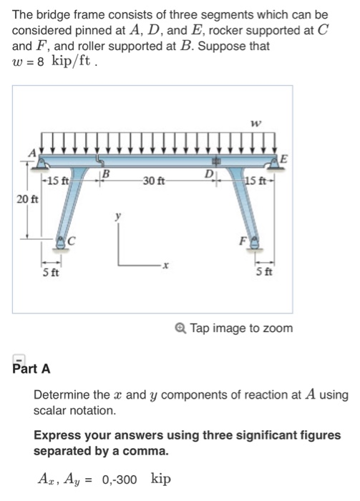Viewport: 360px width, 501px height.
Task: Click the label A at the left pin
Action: pos(31,152)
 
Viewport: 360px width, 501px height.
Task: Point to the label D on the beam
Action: pos(209,173)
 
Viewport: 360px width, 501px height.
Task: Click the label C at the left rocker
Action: pos(72,240)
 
